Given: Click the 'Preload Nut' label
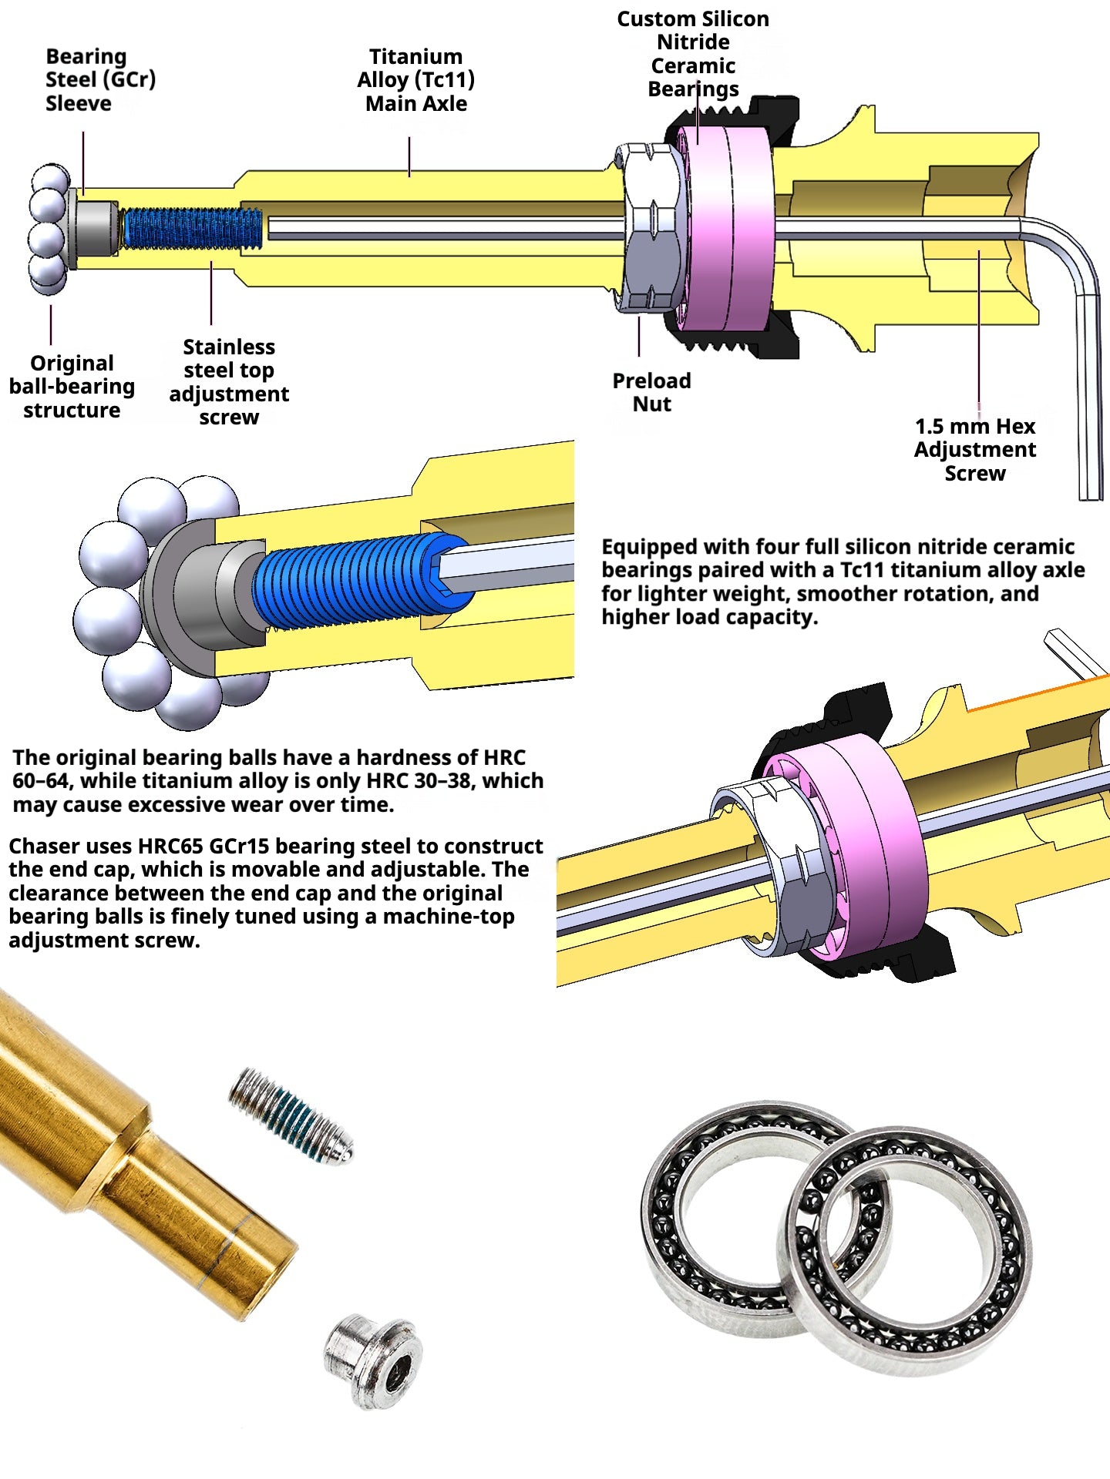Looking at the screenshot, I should [651, 392].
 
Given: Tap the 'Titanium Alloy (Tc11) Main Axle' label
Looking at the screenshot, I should [415, 80].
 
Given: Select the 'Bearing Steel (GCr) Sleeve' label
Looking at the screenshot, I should [100, 80].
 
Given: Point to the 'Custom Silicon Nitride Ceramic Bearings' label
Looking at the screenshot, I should [693, 54].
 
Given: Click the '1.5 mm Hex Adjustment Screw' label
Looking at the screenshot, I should [975, 450].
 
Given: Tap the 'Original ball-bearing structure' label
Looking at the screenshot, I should [72, 387].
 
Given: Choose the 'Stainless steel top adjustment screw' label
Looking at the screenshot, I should [229, 382].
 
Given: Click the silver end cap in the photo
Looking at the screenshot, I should [373, 1360].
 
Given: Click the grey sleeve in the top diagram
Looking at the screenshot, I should [97, 230].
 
